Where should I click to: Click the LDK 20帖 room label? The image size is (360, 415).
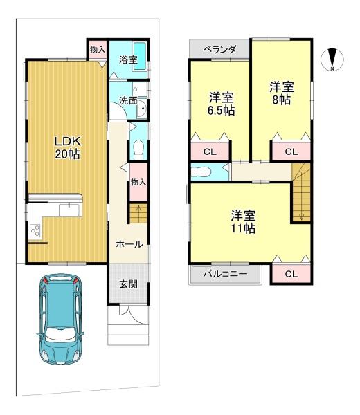68,148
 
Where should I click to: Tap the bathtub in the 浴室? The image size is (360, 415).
140,56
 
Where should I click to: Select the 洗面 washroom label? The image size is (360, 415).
127,100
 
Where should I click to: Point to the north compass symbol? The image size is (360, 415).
332,59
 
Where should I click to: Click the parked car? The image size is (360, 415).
60,319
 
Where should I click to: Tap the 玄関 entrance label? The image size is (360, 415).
128,284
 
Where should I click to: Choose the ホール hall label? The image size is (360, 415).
129,244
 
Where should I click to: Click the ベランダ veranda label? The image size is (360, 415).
220,49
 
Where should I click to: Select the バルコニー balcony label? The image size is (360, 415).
225,274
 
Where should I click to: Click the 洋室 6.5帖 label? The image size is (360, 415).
221,104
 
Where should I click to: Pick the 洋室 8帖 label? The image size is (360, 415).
281,93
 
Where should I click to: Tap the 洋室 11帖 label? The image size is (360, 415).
243,222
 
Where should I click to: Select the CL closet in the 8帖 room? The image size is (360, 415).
291,151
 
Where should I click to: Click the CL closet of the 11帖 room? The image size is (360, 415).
291,274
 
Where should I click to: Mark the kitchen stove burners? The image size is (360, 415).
35,230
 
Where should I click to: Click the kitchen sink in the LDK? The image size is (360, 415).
69,210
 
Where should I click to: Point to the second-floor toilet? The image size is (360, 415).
201,172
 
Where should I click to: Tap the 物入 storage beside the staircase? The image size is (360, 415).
138,182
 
